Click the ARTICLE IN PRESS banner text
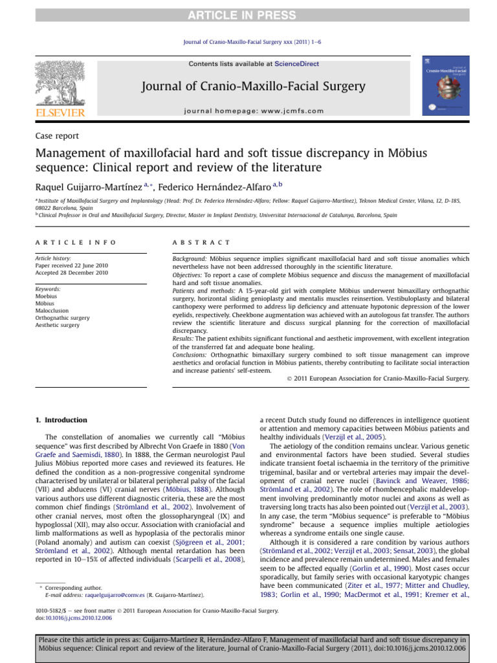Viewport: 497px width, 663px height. [248, 8]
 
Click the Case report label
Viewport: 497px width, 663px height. [57, 136]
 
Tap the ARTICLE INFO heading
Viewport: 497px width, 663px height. [76, 242]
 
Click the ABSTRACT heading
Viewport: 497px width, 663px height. [201, 242]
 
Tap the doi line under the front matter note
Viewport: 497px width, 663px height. [74, 618]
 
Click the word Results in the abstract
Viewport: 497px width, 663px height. [184, 339]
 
